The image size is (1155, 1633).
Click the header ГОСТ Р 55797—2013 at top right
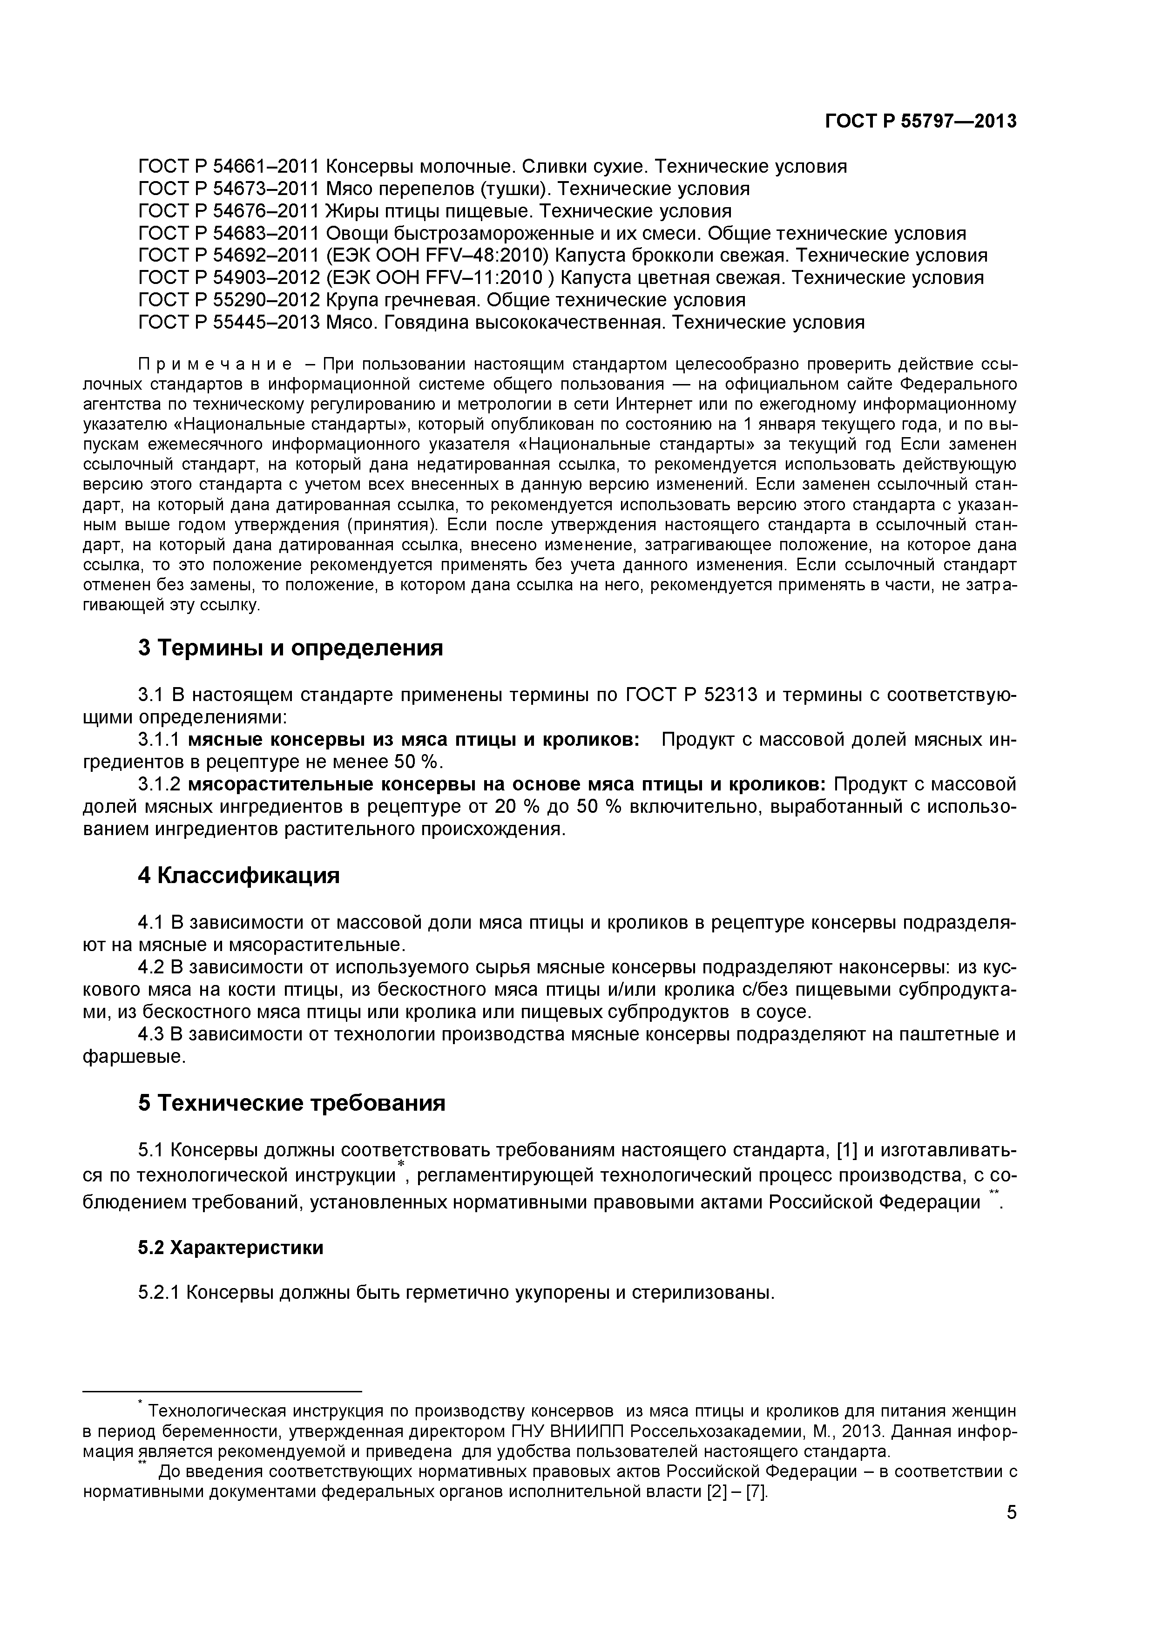[x=920, y=121]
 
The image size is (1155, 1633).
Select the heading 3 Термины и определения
[x=290, y=648]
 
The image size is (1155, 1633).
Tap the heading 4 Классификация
[x=238, y=876]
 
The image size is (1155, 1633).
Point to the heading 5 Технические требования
[x=291, y=1103]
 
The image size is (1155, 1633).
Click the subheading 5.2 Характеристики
[x=230, y=1248]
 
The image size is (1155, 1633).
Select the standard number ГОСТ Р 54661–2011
[x=228, y=167]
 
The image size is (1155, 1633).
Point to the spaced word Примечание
[x=215, y=365]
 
